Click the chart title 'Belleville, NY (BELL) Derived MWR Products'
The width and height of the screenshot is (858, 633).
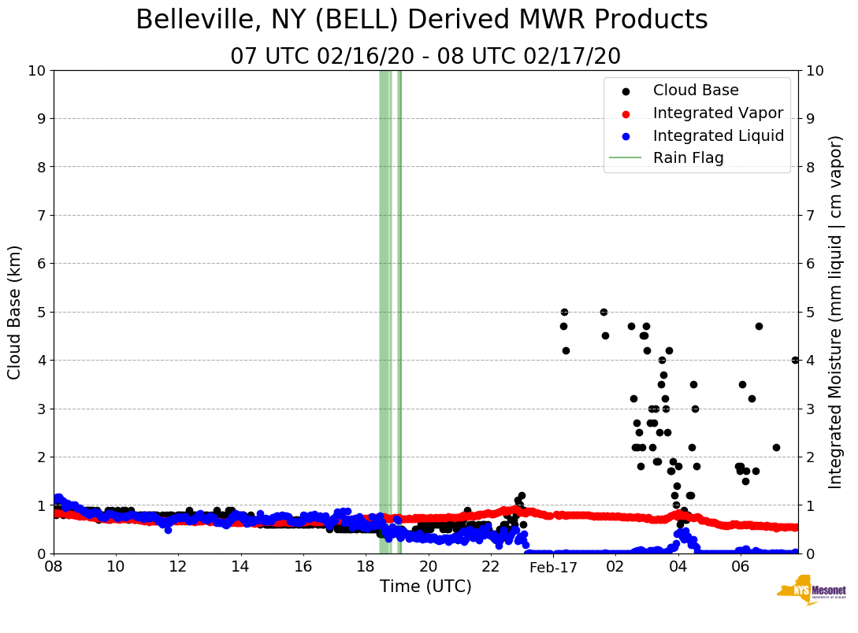tap(422, 20)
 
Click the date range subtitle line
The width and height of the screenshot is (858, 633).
tap(425, 57)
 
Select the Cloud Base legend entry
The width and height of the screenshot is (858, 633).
tap(696, 91)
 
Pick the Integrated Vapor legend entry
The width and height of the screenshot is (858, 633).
tap(718, 113)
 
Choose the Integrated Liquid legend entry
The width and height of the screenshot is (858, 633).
tap(718, 135)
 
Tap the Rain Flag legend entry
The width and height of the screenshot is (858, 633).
tap(688, 157)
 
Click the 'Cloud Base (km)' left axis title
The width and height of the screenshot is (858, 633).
tap(15, 312)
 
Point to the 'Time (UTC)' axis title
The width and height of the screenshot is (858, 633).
tap(425, 587)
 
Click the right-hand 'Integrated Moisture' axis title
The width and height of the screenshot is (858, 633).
tap(836, 312)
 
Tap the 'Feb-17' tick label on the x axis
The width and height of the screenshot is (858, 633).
tap(552, 568)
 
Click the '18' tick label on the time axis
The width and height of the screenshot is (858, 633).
tap(366, 567)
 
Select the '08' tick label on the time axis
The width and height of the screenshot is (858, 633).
tap(54, 567)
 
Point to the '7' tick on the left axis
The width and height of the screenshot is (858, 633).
tap(39, 215)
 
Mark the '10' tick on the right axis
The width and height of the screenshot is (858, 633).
tap(815, 70)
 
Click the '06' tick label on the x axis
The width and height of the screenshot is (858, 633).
tap(740, 567)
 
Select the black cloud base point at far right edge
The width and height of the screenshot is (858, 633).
tap(795, 360)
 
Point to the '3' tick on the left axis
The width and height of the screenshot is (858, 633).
tap(39, 409)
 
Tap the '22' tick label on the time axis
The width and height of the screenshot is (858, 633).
tap(490, 567)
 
